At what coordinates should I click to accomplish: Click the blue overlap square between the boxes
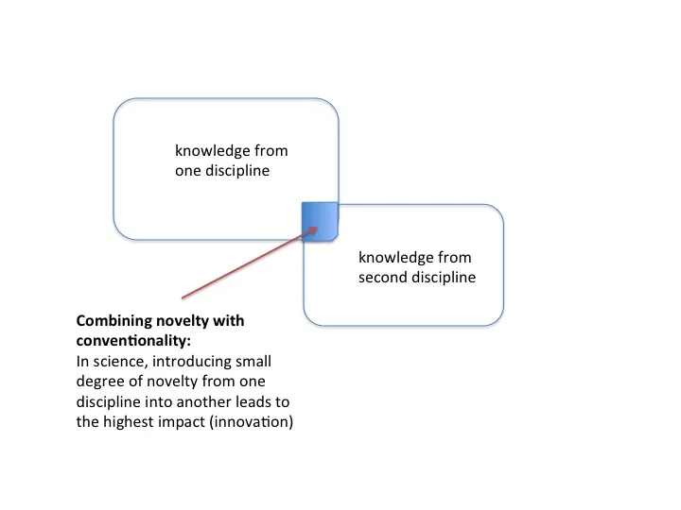[x=320, y=221]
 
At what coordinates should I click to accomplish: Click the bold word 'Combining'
[x=112, y=320]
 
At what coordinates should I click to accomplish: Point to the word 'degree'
[x=99, y=382]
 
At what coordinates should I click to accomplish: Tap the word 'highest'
[x=128, y=422]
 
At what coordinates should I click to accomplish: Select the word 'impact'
[x=183, y=422]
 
